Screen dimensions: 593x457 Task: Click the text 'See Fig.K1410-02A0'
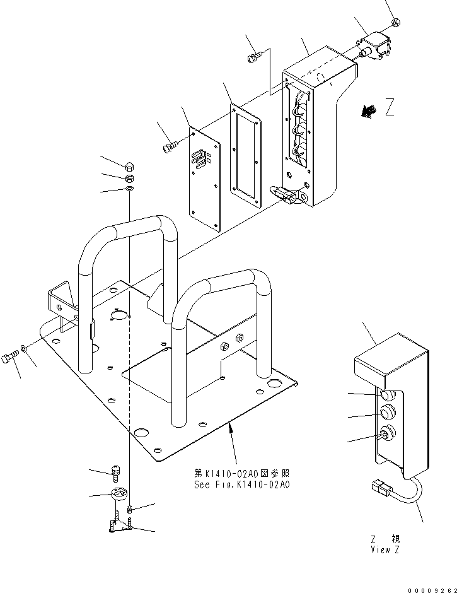[234, 484]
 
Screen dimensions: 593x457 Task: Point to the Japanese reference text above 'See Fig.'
[234, 473]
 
